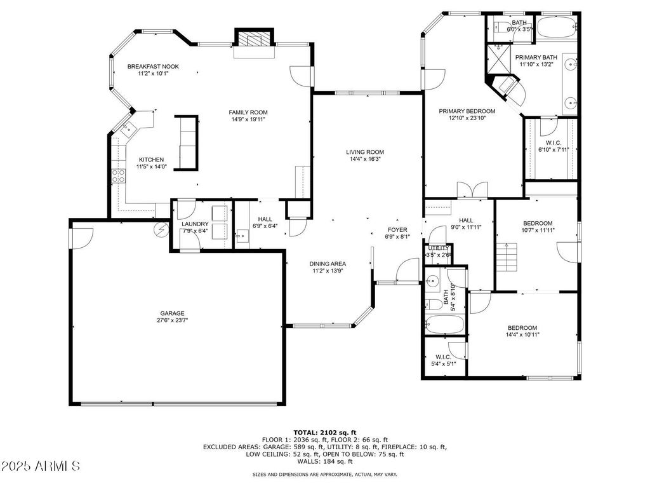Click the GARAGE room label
pos(172,313)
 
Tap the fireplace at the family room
pos(254,37)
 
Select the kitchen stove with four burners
pos(119,177)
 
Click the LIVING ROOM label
pos(365,152)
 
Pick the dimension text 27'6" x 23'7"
pos(172,320)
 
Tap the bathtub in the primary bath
pos(556,28)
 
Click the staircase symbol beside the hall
pos(507,257)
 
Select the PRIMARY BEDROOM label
pos(467,111)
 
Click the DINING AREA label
pos(328,264)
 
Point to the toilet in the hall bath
pos(434,304)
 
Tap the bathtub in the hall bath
pos(444,324)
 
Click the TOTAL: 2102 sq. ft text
pos(324,432)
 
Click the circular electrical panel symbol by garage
pos(161,229)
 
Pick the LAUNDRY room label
pos(195,224)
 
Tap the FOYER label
pos(397,229)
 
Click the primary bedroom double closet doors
pos(472,190)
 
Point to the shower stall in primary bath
pos(499,59)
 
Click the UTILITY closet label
pos(439,248)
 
